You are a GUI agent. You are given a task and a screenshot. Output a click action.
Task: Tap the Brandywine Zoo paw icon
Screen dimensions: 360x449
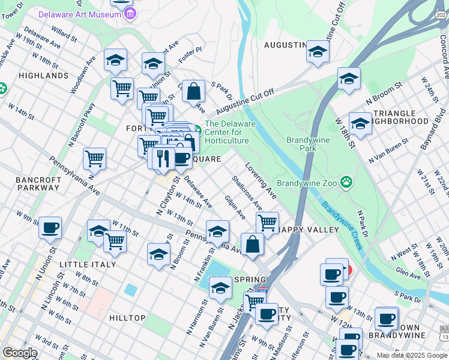click(346, 182)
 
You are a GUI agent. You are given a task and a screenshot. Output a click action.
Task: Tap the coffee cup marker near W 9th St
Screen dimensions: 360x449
click(50, 228)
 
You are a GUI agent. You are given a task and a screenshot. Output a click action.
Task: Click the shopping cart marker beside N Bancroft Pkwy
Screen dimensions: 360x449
click(95, 159)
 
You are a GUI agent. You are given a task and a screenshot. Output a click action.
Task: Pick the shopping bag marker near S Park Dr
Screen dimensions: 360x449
click(193, 92)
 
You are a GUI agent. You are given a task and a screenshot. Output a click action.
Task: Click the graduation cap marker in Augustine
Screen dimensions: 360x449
click(318, 52)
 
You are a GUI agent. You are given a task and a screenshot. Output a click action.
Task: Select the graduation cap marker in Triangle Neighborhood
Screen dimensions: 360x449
click(360, 124)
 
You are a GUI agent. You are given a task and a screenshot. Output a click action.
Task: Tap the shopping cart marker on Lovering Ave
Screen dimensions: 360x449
click(267, 223)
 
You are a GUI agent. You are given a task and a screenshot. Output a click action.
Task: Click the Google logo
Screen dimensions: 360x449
click(20, 352)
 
